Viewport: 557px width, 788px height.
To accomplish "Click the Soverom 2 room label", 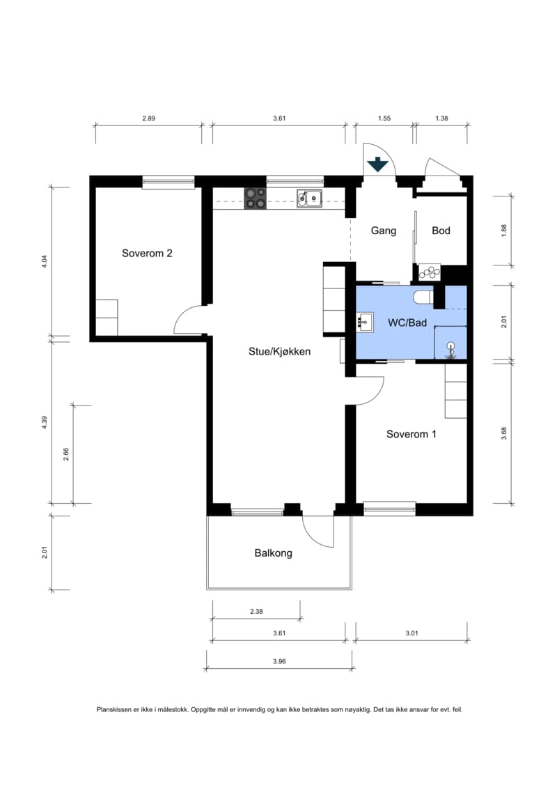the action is pos(147,254).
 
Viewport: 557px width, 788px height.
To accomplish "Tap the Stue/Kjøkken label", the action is pos(279,351).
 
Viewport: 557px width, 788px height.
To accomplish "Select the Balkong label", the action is pos(273,553).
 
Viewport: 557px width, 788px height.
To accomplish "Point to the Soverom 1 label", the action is pos(411,434).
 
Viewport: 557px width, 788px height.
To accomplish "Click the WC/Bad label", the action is pos(407,323).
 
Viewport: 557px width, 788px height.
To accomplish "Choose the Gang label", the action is pos(384,231).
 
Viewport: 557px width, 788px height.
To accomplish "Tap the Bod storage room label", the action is pos(441,231).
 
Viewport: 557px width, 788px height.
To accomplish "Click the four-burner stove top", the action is pos(255,198).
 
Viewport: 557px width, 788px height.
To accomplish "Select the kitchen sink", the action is pos(309,198).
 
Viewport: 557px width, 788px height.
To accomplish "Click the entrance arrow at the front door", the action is pos(377,165).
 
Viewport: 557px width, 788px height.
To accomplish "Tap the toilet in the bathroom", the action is pos(423,297).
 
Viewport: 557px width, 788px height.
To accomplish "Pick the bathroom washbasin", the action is pos(365,320).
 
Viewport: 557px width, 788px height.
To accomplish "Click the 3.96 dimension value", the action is pos(279,661).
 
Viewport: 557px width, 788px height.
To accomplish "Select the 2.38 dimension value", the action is pos(256,612).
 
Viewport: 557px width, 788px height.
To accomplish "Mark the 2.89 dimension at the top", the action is pos(149,118).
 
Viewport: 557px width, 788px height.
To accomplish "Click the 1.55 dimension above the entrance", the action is pos(384,118).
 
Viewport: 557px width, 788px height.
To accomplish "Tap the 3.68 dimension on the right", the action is pos(504,433).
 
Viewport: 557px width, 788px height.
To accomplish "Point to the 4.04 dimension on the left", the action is pos(44,261).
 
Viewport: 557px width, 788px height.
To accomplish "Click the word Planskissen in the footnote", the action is pos(114,709).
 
